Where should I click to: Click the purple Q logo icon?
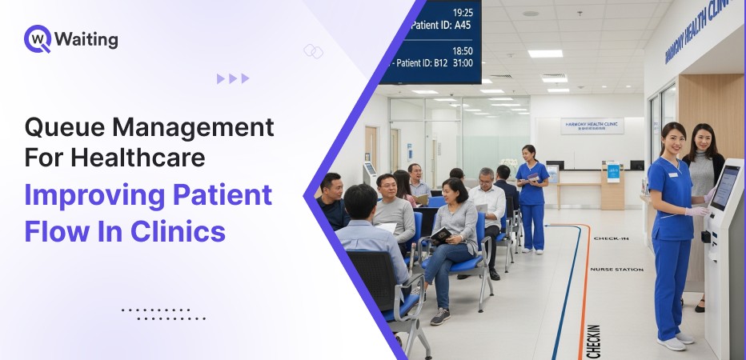coord(37,38)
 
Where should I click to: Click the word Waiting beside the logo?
coord(86,39)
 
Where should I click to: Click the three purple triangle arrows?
coord(233,78)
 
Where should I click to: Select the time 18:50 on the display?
coord(463,50)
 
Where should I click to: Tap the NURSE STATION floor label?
coord(616,270)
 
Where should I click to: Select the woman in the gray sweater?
coord(704,172)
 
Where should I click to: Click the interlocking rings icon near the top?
coord(313,51)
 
